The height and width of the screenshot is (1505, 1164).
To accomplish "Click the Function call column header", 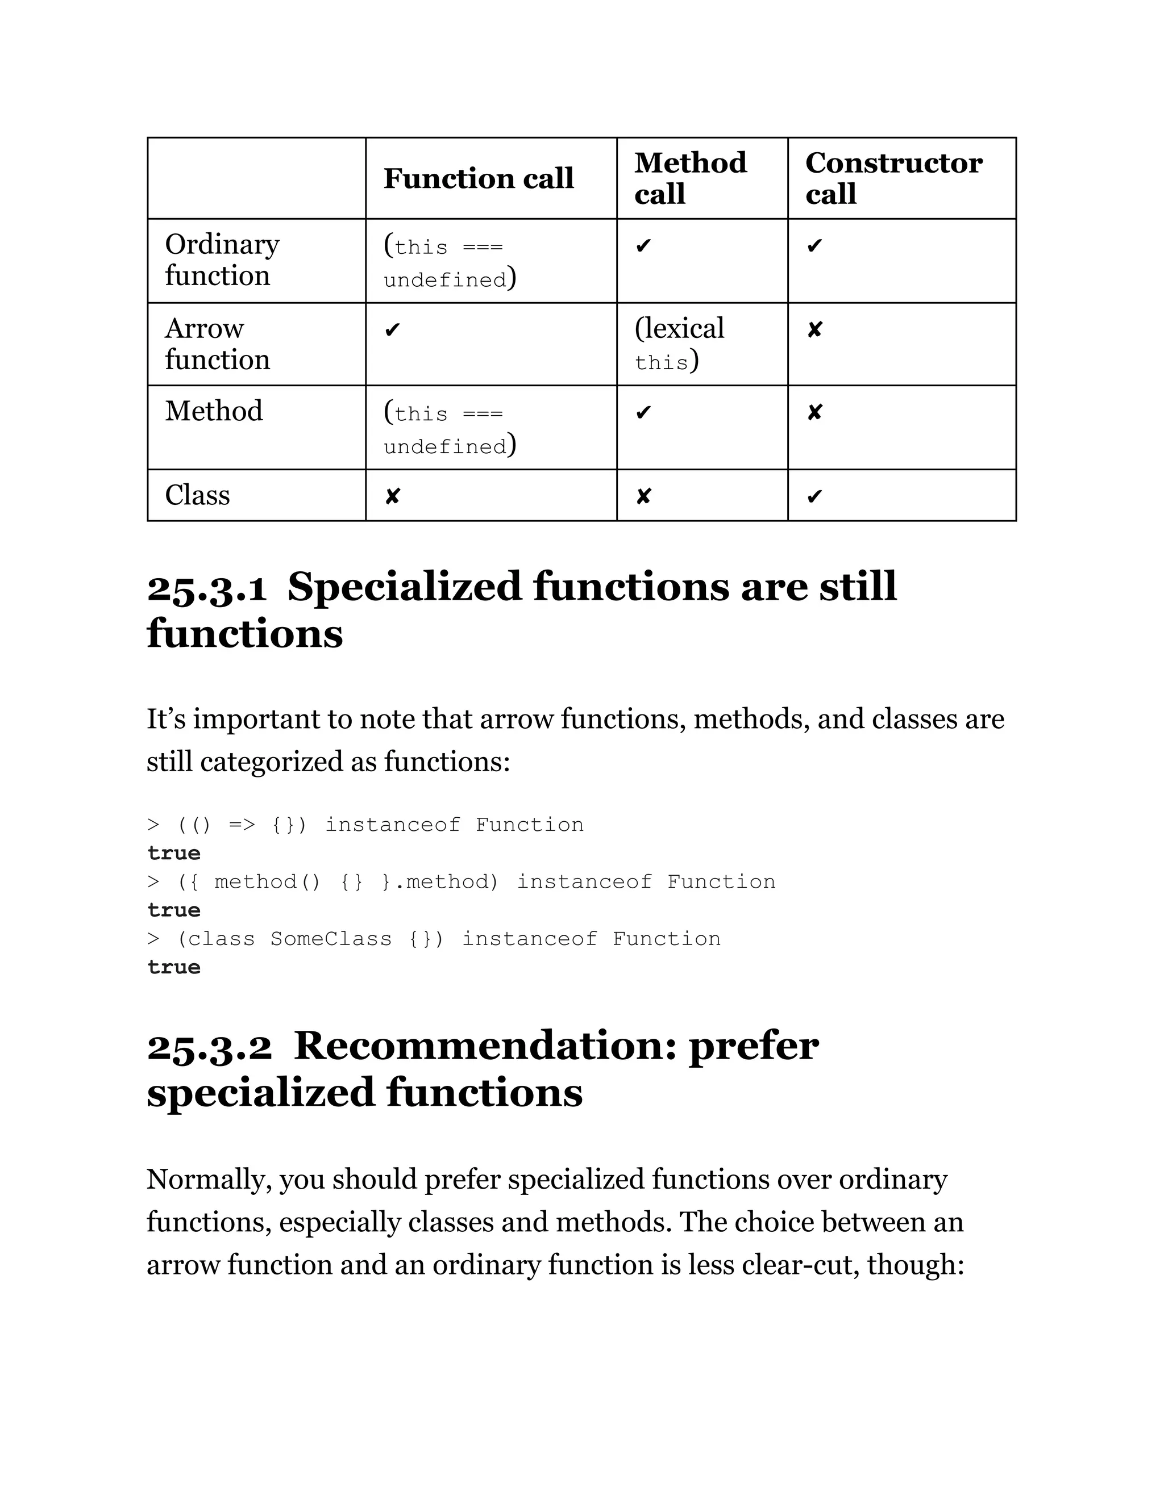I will click(479, 178).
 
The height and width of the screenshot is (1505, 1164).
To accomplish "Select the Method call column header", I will click(690, 178).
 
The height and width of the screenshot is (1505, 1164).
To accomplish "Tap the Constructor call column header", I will click(893, 178).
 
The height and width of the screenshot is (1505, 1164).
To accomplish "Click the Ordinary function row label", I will click(222, 260).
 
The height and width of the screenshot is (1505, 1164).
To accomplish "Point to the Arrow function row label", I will click(217, 343).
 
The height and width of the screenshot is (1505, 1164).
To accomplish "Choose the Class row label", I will click(197, 495).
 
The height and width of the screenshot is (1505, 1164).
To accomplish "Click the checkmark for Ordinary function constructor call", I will click(814, 246).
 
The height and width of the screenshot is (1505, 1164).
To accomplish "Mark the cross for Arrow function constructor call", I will click(814, 330).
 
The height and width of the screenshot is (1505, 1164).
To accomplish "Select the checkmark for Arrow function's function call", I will click(392, 330).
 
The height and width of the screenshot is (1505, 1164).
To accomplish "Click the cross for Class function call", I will click(392, 496).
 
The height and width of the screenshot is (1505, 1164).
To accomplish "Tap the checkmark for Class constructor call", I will click(814, 496).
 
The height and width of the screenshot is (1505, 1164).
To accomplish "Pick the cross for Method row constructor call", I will click(814, 413).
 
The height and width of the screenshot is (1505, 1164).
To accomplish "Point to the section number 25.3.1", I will click(207, 588).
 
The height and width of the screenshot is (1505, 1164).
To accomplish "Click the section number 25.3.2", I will click(210, 1047).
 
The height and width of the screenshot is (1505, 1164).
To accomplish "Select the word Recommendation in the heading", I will click(486, 1046).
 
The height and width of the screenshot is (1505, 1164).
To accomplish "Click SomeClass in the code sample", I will click(330, 939).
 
